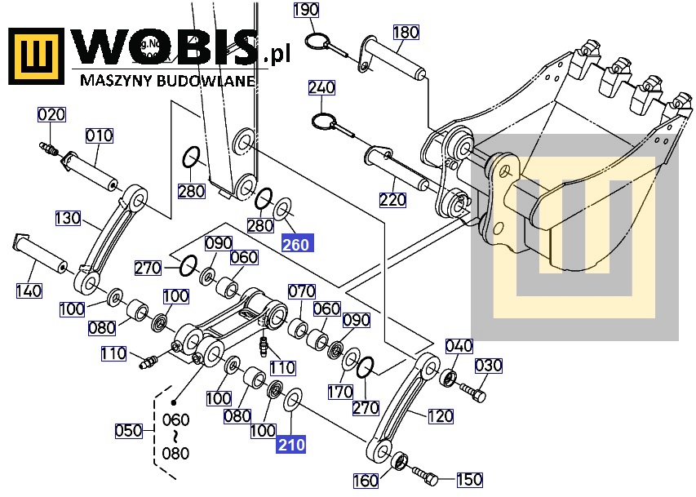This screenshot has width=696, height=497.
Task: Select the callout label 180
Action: [406, 33]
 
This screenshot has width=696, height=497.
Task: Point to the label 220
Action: [392, 199]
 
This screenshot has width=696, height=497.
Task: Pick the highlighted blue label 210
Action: [290, 445]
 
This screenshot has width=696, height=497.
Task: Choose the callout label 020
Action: [51, 115]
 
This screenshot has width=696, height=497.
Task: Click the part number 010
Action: [100, 135]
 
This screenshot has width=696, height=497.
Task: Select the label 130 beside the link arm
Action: [69, 218]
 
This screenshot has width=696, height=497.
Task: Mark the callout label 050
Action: [128, 430]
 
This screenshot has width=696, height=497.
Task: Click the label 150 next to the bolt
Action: [469, 480]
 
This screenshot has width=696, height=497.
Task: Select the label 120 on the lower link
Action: [440, 416]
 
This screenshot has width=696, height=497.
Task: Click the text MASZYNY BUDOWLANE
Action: [167, 80]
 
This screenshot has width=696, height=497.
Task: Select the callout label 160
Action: [366, 479]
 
